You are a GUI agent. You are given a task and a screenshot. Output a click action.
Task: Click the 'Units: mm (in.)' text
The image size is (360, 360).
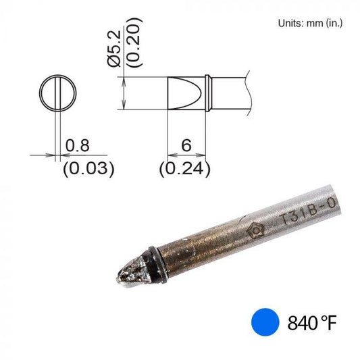310,23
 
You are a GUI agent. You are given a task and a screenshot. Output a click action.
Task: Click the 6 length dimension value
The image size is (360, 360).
186,145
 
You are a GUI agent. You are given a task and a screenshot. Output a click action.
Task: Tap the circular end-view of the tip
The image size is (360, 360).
59,93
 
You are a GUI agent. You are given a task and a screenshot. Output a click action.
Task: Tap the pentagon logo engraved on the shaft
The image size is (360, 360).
257,230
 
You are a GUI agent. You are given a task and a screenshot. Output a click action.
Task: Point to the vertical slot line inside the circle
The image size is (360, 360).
59,93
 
